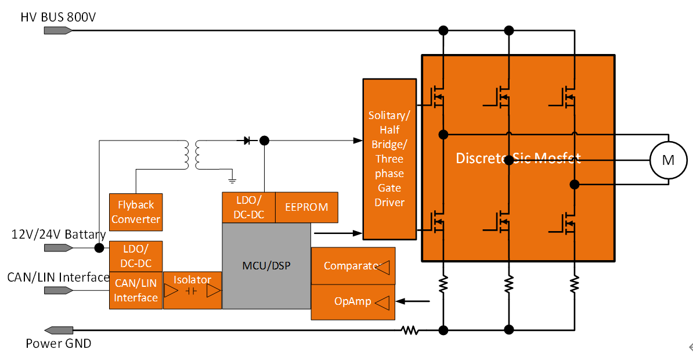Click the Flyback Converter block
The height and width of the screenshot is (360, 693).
(135, 212)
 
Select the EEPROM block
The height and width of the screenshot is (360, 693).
(306, 207)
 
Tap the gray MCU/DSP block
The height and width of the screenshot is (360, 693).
(266, 266)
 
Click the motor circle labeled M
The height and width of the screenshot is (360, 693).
(668, 160)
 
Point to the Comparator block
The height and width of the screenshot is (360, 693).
(353, 266)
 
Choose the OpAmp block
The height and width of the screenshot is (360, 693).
(353, 301)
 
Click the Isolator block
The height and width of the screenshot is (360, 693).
(192, 290)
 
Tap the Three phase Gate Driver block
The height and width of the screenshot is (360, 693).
(389, 159)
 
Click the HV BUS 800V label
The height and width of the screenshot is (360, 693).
(58, 17)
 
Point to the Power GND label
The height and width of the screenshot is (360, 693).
(58, 344)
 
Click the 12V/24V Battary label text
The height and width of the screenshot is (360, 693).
(58, 235)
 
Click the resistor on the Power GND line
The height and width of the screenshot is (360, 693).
(410, 330)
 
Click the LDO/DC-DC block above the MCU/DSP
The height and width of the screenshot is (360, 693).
(248, 207)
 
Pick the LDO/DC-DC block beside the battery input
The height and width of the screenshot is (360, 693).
(135, 256)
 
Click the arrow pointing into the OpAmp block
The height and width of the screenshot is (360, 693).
(413, 301)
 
